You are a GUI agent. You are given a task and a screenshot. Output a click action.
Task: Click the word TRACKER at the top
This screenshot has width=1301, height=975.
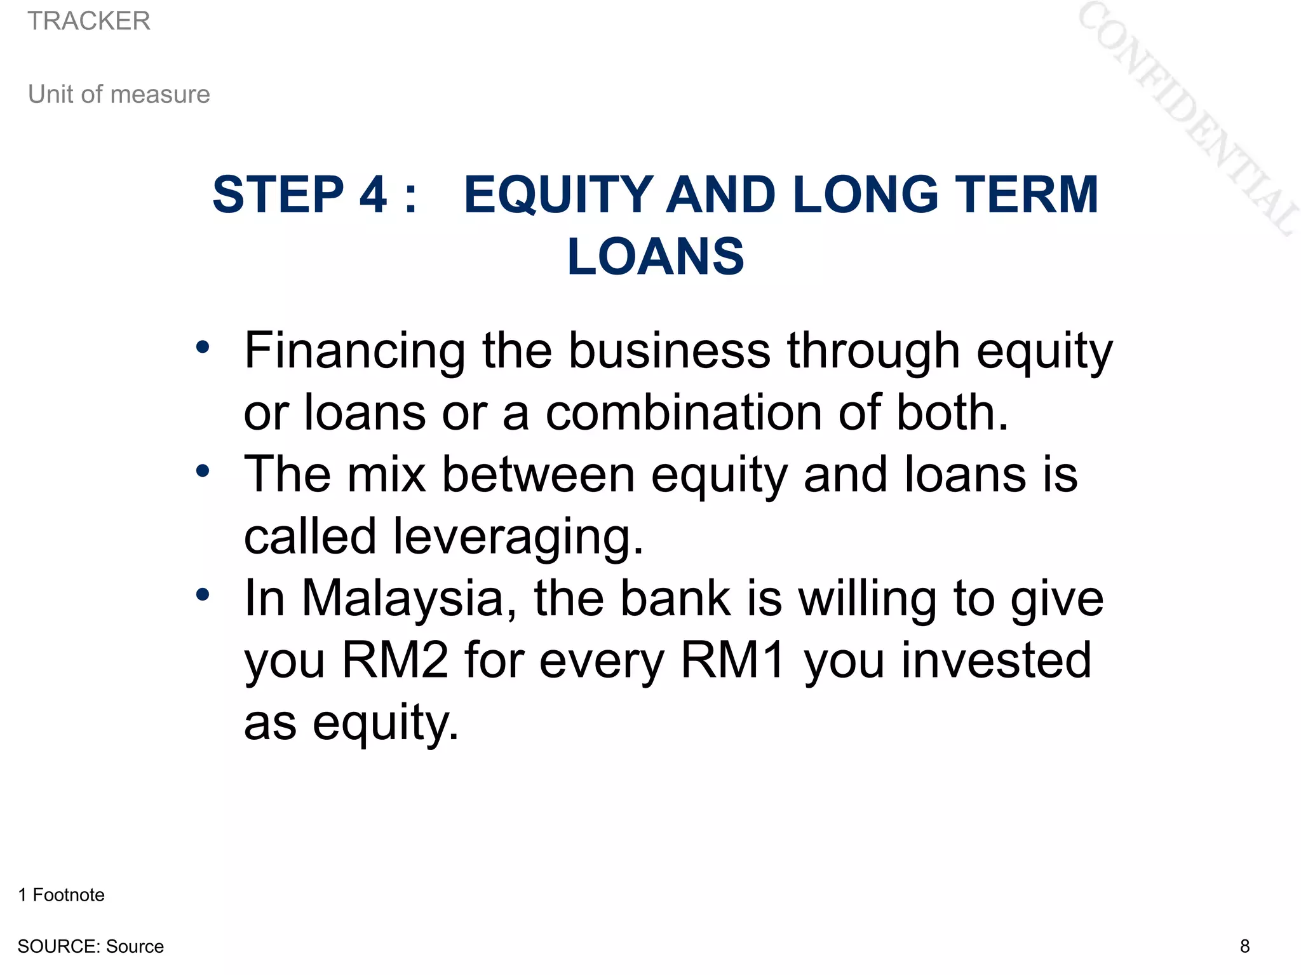[89, 21]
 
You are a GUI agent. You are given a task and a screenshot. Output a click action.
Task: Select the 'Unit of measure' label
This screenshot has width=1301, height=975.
[119, 94]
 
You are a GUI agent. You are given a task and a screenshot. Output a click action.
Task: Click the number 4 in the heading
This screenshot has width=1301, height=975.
[373, 194]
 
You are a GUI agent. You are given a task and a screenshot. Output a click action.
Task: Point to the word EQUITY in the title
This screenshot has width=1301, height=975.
[558, 194]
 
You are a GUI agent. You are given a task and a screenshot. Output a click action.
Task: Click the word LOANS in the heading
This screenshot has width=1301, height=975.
[655, 257]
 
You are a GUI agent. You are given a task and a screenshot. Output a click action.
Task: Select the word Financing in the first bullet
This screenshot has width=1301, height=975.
[354, 351]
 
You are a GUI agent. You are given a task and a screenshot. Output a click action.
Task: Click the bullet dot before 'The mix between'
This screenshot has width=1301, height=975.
[203, 471]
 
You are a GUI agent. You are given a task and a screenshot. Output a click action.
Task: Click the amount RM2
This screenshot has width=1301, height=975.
[394, 660]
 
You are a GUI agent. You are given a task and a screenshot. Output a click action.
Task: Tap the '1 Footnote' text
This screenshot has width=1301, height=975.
[61, 895]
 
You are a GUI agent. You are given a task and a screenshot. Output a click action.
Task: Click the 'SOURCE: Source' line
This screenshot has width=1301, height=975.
[90, 946]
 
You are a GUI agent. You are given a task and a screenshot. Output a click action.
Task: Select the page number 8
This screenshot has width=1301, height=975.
[1244, 946]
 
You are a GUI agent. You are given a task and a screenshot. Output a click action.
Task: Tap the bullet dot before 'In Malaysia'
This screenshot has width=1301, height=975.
[203, 595]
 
